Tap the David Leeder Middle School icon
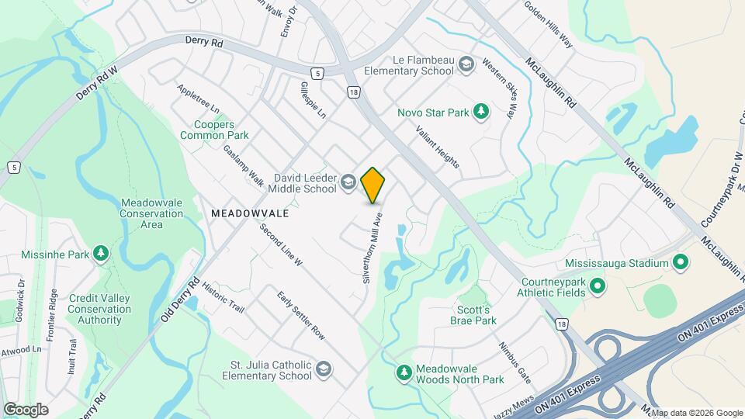pos(348,183)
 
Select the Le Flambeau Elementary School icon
pos(466,64)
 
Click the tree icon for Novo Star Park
pos(481,113)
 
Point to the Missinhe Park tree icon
pos(99,253)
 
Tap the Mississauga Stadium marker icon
pos(681,263)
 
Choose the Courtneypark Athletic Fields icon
pos(598,287)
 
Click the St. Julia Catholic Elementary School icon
pos(324,369)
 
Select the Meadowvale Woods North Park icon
pos(404,373)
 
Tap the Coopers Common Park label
pos(214,129)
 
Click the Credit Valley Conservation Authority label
pos(99,309)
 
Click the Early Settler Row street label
pos(301,314)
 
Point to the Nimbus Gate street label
pos(515,362)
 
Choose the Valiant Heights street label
pos(438,147)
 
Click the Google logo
pos(26,409)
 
